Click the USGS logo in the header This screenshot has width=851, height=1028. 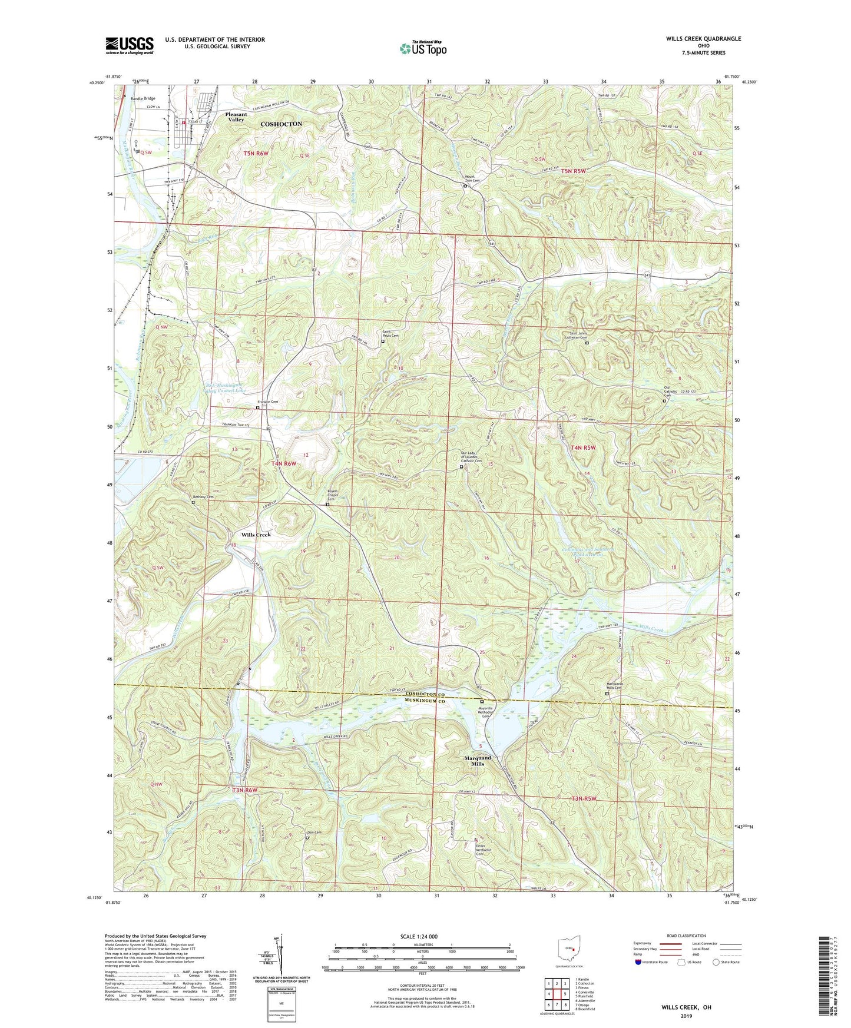(130, 45)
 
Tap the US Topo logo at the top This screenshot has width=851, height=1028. (422, 48)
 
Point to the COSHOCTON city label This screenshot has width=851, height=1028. (282, 124)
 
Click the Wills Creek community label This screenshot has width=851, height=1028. (256, 535)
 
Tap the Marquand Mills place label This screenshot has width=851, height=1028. (477, 761)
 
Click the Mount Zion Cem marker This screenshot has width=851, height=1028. (465, 186)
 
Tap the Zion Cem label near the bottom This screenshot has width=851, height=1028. (314, 833)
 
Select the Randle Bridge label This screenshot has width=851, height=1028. (143, 99)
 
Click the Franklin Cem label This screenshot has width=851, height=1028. (267, 402)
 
